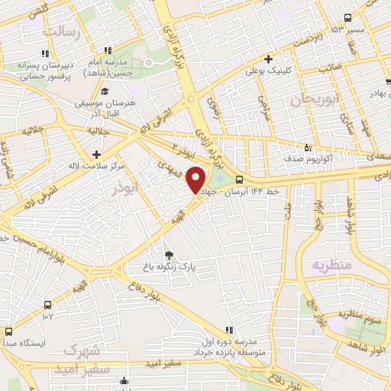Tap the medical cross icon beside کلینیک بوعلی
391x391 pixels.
(267, 59)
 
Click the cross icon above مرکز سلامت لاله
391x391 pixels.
(95, 153)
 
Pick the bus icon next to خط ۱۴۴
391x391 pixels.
(241, 180)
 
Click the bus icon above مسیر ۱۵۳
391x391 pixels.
(348, 18)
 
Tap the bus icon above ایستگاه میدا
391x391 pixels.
(9, 332)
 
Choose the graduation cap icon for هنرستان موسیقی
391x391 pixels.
(104, 92)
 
